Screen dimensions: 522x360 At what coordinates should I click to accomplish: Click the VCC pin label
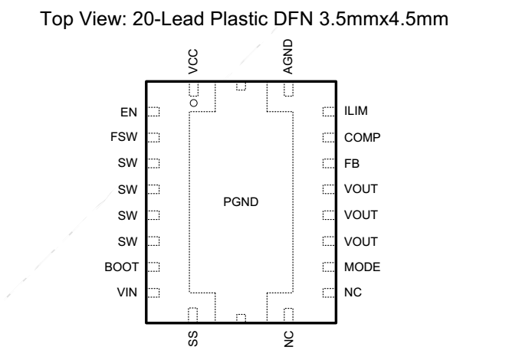click(193, 61)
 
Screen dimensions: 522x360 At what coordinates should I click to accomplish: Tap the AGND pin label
click(287, 57)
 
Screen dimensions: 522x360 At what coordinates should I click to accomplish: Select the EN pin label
click(129, 113)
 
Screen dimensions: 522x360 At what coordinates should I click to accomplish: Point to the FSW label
click(124, 137)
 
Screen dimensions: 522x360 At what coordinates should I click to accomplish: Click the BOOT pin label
click(122, 267)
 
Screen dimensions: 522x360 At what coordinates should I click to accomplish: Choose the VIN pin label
click(126, 293)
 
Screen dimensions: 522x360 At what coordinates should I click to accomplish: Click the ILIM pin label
click(356, 111)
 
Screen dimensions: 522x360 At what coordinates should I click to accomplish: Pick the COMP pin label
click(363, 137)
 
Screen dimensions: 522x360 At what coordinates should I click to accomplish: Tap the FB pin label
click(352, 164)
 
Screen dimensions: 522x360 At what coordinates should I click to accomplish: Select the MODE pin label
click(363, 267)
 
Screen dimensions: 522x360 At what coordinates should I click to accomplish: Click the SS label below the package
click(193, 339)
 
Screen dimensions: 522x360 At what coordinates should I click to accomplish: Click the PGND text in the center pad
click(241, 202)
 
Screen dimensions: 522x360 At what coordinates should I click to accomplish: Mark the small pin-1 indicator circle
click(194, 103)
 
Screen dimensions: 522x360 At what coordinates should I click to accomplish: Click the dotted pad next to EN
click(153, 112)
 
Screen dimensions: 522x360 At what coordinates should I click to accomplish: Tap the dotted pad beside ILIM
click(329, 112)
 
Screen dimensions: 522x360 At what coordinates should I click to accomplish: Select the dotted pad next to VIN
click(153, 293)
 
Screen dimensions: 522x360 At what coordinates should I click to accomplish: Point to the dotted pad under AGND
click(289, 90)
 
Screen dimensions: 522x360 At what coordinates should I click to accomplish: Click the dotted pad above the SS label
click(192, 314)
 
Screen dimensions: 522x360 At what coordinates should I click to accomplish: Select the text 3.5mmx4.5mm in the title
click(384, 19)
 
